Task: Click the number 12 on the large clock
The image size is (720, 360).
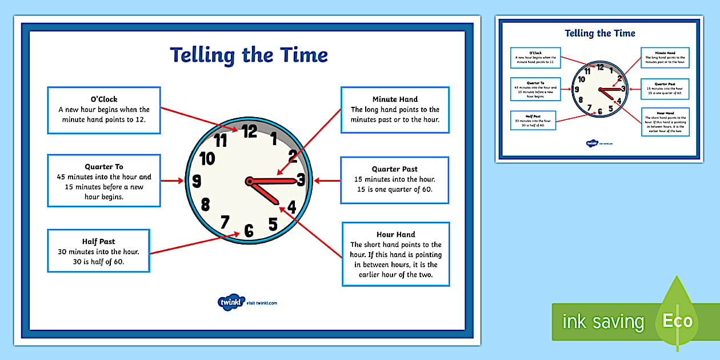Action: click(x=249, y=131)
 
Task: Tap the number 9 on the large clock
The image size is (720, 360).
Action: click(x=197, y=182)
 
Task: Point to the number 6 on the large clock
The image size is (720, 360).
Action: click(x=249, y=231)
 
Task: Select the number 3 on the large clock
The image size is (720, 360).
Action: click(x=301, y=181)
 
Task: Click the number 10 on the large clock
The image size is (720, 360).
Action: click(x=207, y=158)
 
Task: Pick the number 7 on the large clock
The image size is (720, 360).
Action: click(x=225, y=221)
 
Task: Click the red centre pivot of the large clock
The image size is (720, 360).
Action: click(x=249, y=182)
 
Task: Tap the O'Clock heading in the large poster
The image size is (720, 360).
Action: click(x=104, y=99)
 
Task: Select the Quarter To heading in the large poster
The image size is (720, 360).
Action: click(x=104, y=167)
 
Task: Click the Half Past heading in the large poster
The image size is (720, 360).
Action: click(x=98, y=241)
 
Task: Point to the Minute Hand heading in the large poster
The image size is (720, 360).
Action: click(x=395, y=99)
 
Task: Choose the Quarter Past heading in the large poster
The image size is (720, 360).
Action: click(x=394, y=169)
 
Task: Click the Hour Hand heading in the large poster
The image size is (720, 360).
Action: click(x=395, y=234)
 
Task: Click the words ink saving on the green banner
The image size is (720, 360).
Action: click(x=603, y=322)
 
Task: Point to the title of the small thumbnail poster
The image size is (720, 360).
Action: click(x=599, y=33)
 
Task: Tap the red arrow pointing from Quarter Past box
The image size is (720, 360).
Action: click(x=326, y=181)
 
